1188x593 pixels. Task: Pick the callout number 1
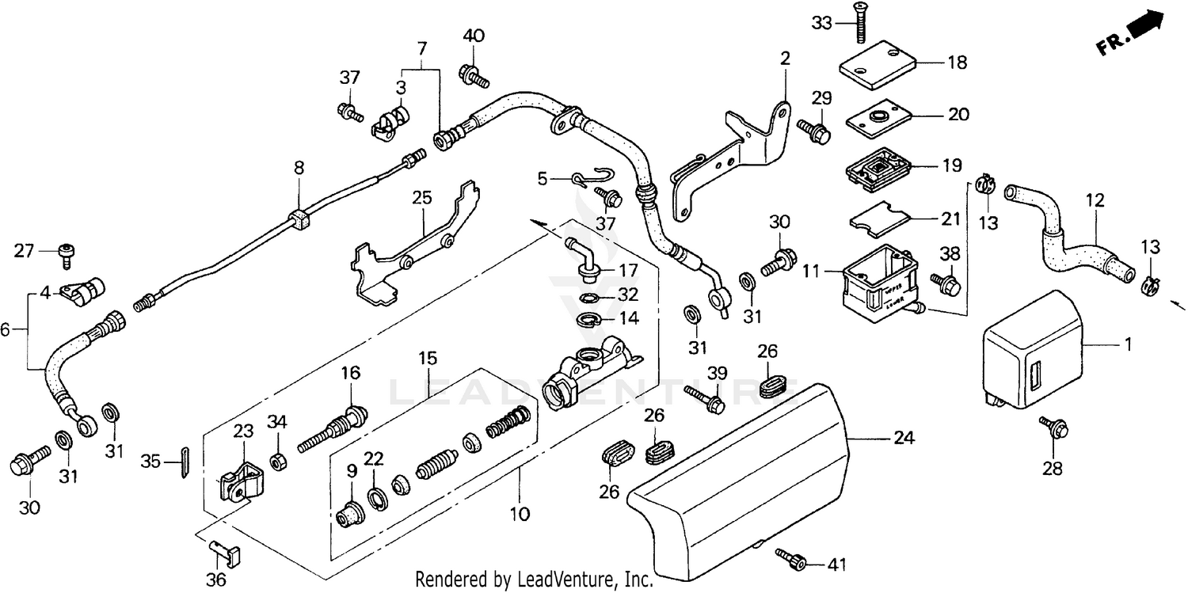point(1128,345)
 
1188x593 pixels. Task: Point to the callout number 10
point(519,515)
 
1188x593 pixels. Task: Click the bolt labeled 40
point(473,76)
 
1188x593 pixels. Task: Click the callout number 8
point(299,168)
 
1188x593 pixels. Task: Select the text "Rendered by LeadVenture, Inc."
point(535,580)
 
